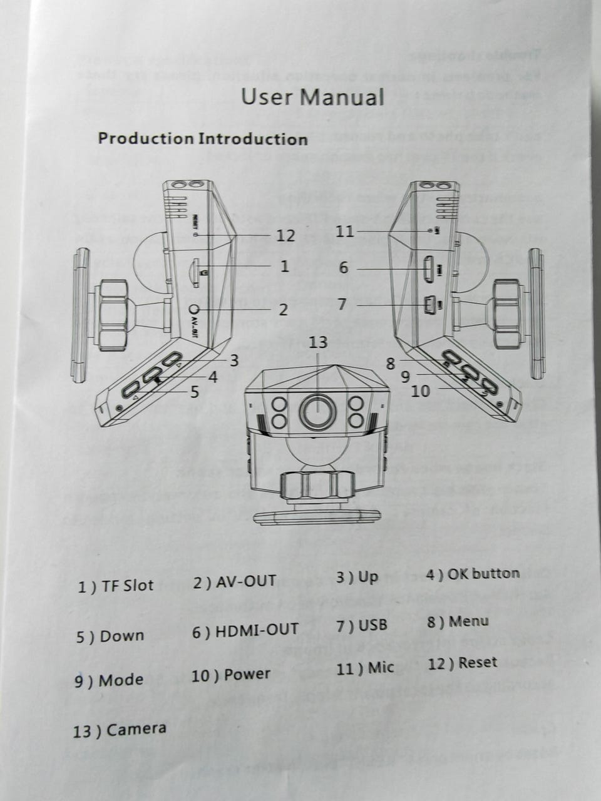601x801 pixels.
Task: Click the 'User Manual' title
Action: [x=312, y=98]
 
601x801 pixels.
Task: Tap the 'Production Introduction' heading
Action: [x=202, y=138]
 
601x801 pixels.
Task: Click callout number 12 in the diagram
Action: [x=285, y=235]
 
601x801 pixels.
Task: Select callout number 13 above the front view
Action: [x=318, y=342]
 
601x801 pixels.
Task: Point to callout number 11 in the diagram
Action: [x=344, y=232]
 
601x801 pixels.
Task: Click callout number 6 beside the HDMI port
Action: [x=344, y=268]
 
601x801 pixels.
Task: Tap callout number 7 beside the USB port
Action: [x=342, y=304]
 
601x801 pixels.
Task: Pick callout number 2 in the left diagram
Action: [x=283, y=309]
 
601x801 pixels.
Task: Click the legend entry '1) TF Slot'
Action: [x=115, y=586]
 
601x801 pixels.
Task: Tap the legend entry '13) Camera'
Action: [x=120, y=730]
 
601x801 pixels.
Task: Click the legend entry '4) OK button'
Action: [x=472, y=574]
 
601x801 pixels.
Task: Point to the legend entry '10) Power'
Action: [x=230, y=675]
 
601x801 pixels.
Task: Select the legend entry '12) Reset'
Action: [x=462, y=663]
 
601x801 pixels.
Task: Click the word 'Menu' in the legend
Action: [x=468, y=621]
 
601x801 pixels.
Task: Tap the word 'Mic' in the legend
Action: [x=381, y=667]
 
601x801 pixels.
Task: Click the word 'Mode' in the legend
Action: [x=121, y=680]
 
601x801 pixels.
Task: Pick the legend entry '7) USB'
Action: [x=361, y=625]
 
